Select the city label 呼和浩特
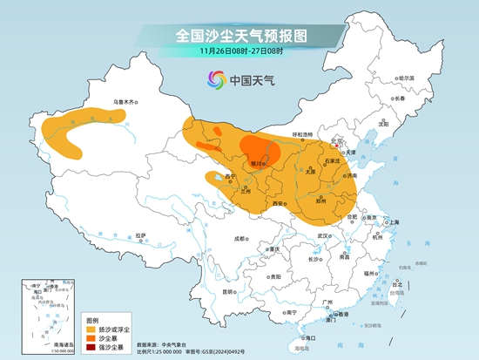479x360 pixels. tap(301, 134)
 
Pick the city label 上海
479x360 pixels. tap(395, 222)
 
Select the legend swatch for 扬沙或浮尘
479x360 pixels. tap(90, 330)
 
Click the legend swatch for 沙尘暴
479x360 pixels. tap(90, 339)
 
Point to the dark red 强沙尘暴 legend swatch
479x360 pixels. tap(90, 349)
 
